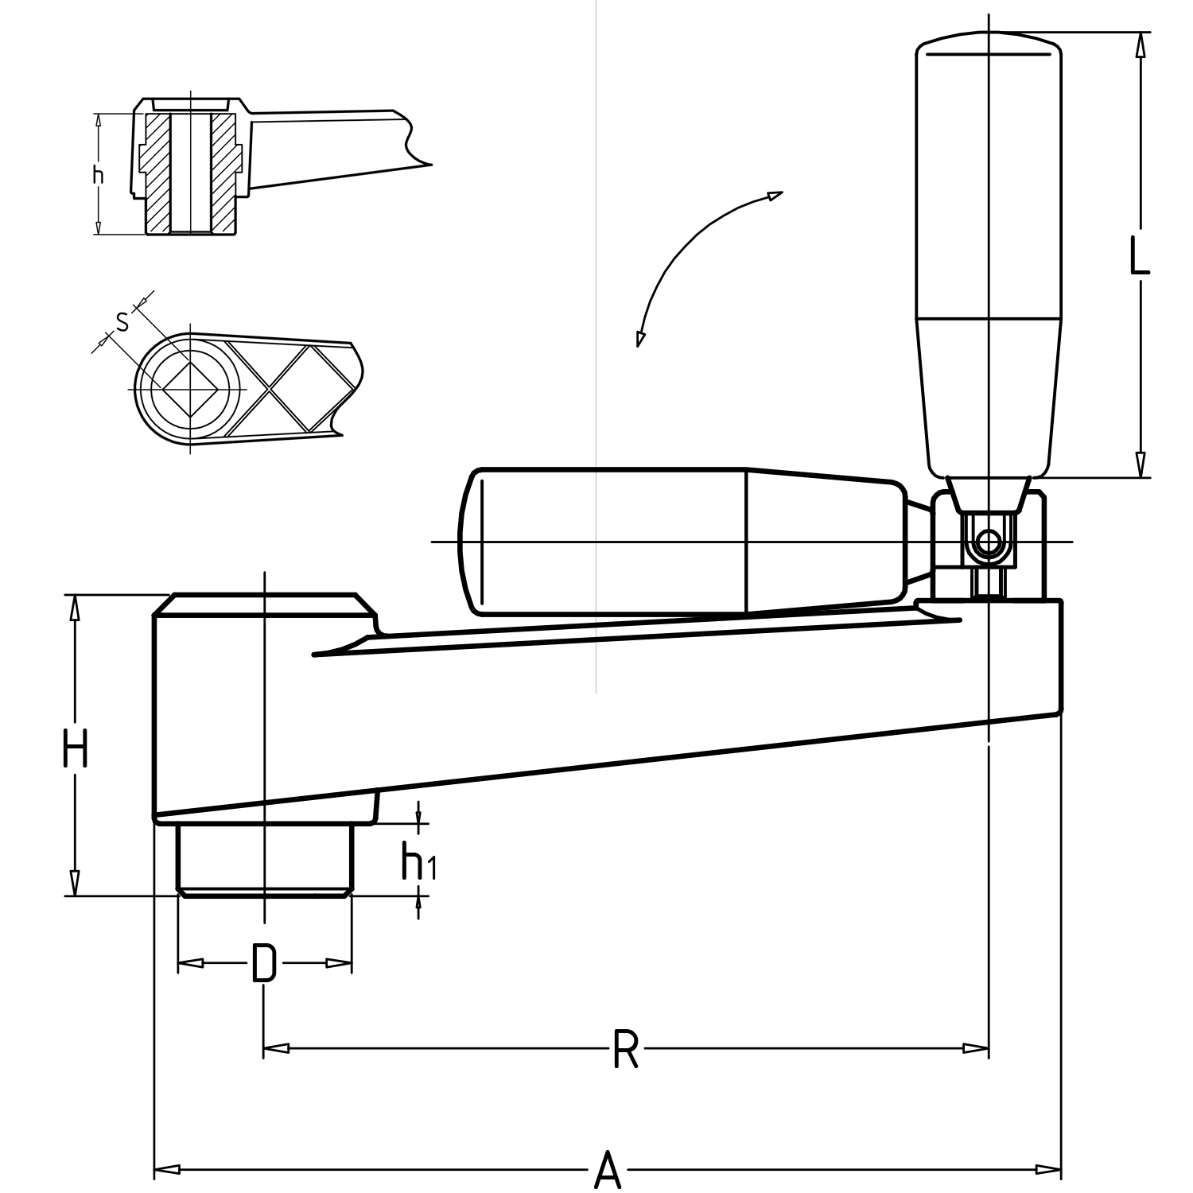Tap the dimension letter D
pos(264,963)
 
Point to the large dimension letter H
pos(75,750)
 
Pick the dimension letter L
pos(1140,257)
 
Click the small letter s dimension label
pos(122,321)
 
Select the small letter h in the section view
pos(98,174)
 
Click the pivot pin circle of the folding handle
pos(988,543)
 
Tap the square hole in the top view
pos(191,389)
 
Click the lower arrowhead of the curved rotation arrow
pos(639,337)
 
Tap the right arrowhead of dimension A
pos(1050,1169)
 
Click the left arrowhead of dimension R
pos(275,1048)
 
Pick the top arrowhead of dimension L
pos(1140,45)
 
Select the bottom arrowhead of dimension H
pos(75,883)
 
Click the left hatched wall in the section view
pos(159,173)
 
